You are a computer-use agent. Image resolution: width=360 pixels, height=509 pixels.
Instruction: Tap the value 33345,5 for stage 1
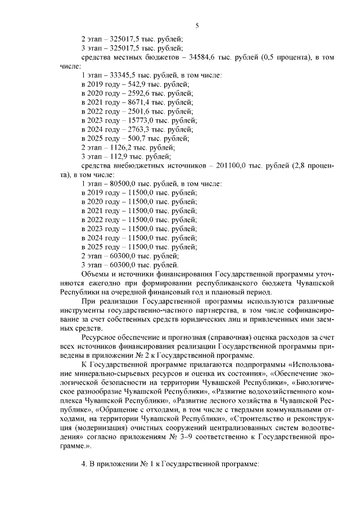click(124, 75)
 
